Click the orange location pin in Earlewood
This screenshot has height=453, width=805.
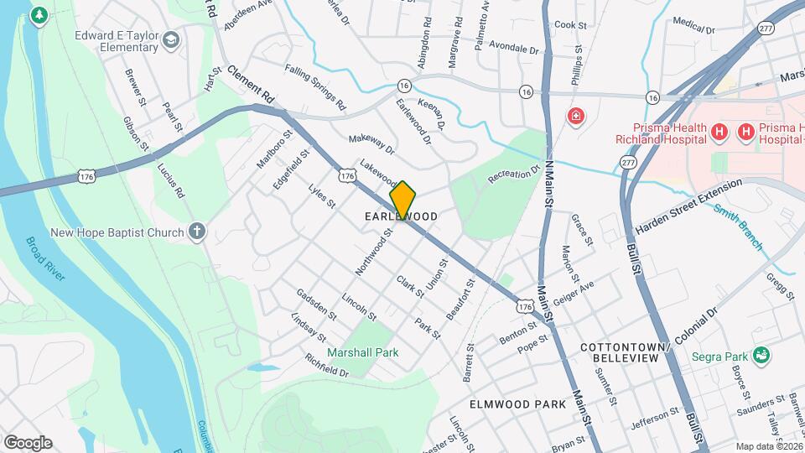tap(402, 200)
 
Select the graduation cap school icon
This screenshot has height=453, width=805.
tap(172, 39)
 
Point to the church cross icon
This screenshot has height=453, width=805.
tap(197, 232)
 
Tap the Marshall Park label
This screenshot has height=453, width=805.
tap(363, 352)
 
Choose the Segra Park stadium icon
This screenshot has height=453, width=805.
tap(761, 356)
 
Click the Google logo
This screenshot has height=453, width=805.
tap(28, 442)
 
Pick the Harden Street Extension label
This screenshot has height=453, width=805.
tap(688, 206)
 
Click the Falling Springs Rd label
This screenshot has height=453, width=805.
tap(315, 88)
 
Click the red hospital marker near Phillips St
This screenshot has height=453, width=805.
tap(576, 115)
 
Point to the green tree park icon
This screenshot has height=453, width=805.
tap(39, 16)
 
